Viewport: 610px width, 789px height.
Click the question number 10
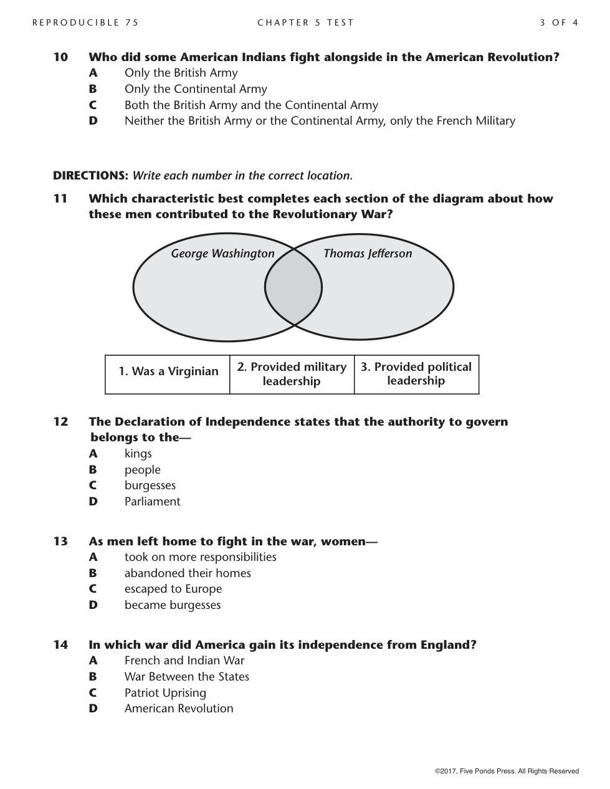[60, 57]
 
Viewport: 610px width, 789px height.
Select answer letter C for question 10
[93, 105]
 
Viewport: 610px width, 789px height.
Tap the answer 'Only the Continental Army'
[196, 89]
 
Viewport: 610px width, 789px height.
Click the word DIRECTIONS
[90, 176]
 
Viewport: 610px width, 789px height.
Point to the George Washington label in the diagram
[222, 254]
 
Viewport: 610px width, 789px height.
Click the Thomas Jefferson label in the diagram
[368, 254]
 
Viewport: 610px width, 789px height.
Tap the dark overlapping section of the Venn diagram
[293, 288]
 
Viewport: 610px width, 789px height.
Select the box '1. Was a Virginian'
[168, 372]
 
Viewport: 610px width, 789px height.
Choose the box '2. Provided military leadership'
[292, 374]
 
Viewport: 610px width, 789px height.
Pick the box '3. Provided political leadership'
[416, 374]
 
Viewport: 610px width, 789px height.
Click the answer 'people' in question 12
[142, 470]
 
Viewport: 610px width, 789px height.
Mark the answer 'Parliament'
[152, 502]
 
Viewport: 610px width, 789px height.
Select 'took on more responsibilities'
[200, 557]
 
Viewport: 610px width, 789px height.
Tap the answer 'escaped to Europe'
[173, 589]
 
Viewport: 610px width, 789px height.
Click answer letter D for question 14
[93, 709]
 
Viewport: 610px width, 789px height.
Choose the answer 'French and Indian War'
[184, 661]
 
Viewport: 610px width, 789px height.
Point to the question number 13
[60, 542]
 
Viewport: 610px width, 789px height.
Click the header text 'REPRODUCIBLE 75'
[85, 22]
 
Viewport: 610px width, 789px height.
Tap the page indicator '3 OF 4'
[559, 22]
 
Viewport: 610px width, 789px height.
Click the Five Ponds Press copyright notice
[507, 771]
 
